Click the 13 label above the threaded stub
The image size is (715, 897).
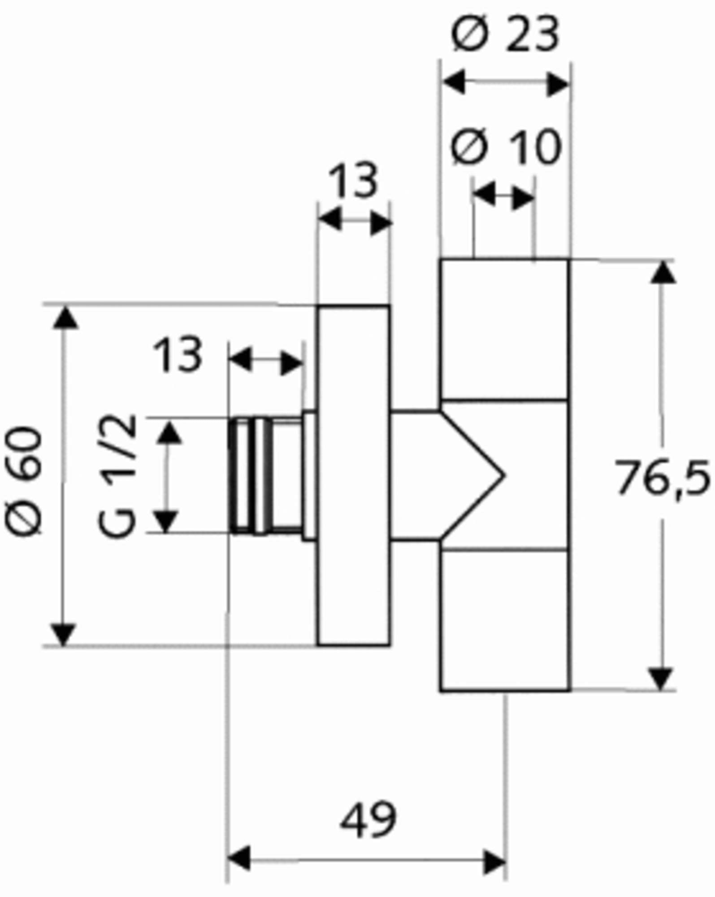tap(178, 354)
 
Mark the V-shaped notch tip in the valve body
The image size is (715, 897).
tap(505, 475)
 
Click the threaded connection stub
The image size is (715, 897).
tap(265, 475)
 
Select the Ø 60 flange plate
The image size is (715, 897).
tap(354, 475)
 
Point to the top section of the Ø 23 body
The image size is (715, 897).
tap(505, 329)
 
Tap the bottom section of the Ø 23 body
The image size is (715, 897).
tap(505, 620)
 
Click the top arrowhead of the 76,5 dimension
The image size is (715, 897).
tap(663, 271)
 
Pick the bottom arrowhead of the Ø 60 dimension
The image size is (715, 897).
tap(63, 634)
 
